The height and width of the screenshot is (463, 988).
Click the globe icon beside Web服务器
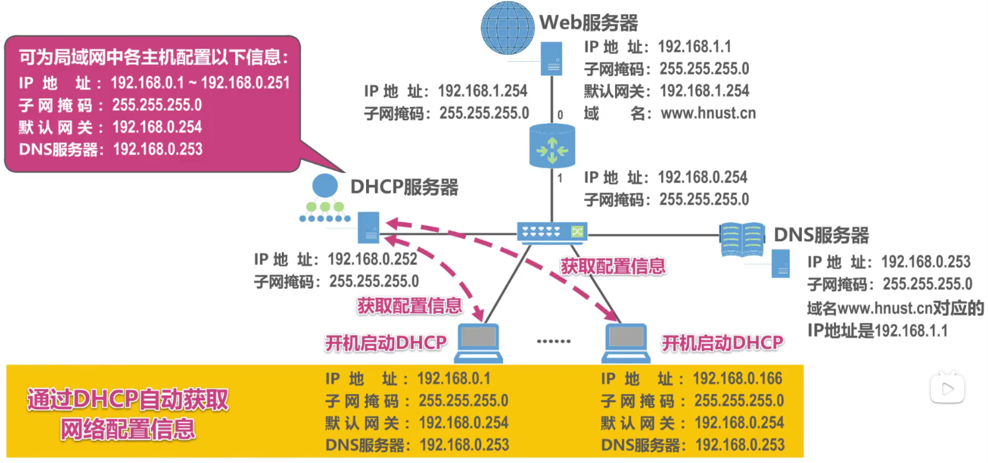pos(507,28)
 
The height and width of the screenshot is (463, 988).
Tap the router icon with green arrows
pos(552,147)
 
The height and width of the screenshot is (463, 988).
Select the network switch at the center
pos(552,231)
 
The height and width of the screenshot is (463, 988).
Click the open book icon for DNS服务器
pos(742,240)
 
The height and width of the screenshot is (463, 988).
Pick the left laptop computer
pos(478,343)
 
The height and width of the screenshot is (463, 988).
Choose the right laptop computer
pos(626,343)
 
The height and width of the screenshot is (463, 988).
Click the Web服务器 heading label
pos(588,23)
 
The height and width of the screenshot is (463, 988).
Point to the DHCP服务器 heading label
pos(404,187)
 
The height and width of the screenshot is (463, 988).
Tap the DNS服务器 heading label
pos(821,235)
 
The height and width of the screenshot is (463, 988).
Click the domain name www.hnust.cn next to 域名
pos(708,113)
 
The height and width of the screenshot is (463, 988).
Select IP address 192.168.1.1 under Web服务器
pos(694,47)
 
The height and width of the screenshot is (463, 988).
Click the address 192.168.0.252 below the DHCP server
pos(372,259)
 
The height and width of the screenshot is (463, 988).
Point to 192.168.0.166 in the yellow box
pos(737,378)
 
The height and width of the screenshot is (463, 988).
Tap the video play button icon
pos(947,389)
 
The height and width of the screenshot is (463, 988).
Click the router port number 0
pos(560,115)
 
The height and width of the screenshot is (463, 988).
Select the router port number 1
pos(560,179)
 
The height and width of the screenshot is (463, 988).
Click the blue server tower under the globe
pos(552,59)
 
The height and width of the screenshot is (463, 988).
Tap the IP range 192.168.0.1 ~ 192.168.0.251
pos(200,83)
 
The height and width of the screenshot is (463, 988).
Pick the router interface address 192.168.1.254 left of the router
pos(482,91)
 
